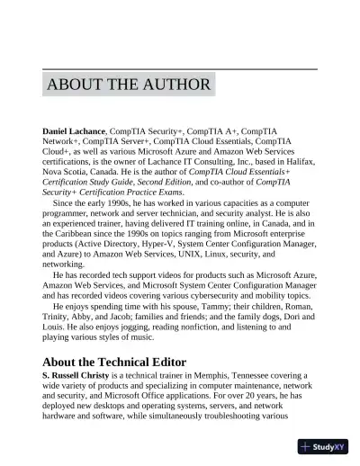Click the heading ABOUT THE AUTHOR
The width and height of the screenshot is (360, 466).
coord(129,85)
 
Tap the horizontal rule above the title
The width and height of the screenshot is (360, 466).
coord(180,68)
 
